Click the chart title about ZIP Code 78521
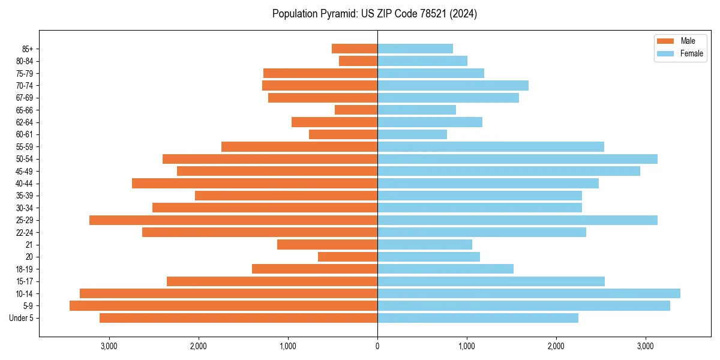[374, 14]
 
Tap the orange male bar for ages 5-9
[223, 306]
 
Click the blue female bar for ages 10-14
[529, 293]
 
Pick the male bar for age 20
[347, 257]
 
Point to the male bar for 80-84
[358, 61]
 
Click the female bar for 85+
[415, 49]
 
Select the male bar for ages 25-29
[233, 220]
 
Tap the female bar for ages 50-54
[517, 159]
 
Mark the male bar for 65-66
[356, 110]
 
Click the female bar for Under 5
[478, 318]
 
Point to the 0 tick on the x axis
[377, 346]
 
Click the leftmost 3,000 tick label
[109, 346]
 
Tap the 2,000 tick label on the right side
[556, 346]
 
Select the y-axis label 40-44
[24, 184]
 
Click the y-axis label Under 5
[22, 318]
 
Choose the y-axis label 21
[29, 245]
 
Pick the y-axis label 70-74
[24, 85]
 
